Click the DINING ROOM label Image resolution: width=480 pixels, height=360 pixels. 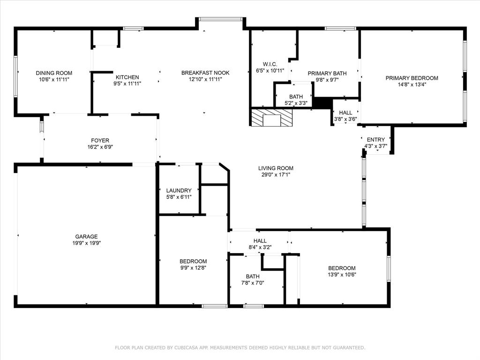(x=54, y=73)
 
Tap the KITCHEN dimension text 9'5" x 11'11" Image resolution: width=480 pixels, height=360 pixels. (x=127, y=84)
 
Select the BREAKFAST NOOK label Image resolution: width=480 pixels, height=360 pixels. (x=205, y=73)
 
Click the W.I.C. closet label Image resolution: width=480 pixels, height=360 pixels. (x=270, y=64)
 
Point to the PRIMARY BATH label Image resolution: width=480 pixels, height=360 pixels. (x=327, y=74)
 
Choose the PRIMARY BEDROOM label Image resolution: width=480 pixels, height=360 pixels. (x=412, y=78)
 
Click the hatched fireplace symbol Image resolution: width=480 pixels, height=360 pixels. (x=271, y=118)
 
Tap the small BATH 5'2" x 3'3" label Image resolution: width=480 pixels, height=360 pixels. (x=296, y=97)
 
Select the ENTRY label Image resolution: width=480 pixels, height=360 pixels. (x=375, y=140)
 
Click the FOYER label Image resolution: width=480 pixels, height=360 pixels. (x=100, y=141)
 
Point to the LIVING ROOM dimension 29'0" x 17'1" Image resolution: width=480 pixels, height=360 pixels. (x=276, y=175)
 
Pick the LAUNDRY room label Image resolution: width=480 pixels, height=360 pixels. (x=179, y=191)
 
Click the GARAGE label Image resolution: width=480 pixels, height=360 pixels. (x=86, y=237)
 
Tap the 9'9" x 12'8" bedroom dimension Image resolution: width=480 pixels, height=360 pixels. (x=193, y=268)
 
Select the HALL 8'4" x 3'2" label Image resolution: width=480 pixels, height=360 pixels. (x=260, y=241)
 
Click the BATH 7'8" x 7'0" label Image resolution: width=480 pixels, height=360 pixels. (x=253, y=277)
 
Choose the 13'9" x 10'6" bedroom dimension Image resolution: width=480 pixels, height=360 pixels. (x=341, y=275)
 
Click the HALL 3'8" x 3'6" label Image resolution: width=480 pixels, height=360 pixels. (x=345, y=113)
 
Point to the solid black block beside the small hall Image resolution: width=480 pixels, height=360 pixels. (x=322, y=103)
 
